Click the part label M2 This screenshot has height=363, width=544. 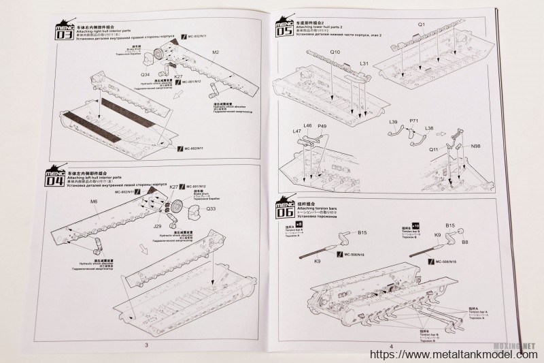216,52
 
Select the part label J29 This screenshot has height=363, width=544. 157,226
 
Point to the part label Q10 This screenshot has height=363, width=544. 336,52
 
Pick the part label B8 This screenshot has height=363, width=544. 466,242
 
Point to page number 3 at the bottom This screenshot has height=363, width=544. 147,345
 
